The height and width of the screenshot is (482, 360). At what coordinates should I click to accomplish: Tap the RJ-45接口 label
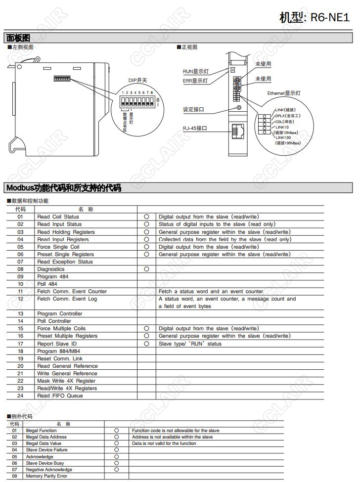pos(194,128)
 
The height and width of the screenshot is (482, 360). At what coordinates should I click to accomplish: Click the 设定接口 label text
pos(193,109)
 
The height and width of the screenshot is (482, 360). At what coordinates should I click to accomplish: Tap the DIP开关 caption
pos(137,81)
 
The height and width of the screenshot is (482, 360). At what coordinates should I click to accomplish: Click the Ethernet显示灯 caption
pos(284,93)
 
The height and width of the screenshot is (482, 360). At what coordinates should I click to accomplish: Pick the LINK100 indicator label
pos(283,137)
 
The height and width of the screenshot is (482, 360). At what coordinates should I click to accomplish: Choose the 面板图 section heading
pos(18,38)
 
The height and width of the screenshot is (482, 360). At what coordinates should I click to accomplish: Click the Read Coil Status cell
pos(58,217)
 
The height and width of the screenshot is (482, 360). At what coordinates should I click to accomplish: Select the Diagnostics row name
pos(51,269)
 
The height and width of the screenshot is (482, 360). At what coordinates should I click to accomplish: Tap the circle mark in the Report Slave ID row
pos(146,344)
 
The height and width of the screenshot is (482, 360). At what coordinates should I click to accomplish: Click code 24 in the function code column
pos(20,395)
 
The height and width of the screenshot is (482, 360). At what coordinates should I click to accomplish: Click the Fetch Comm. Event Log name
pos(67,299)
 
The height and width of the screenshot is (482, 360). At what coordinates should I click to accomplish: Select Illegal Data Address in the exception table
pos(46,437)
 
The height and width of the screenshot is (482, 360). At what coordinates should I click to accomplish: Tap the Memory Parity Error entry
pos(46,476)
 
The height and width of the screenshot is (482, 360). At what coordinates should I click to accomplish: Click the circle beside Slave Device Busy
pos(117,463)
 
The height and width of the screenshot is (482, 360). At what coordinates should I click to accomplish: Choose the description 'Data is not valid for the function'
pos(164,443)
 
